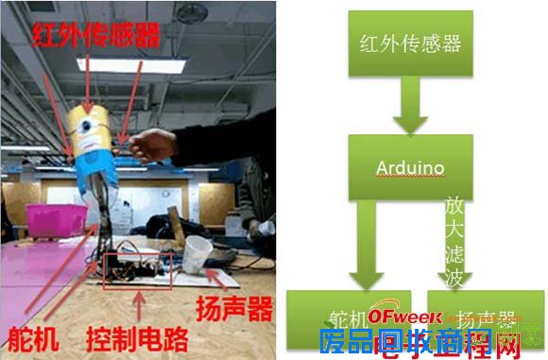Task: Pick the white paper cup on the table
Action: tap(197, 255)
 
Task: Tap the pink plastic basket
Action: tap(53, 219)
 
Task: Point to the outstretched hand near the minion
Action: tap(157, 145)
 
